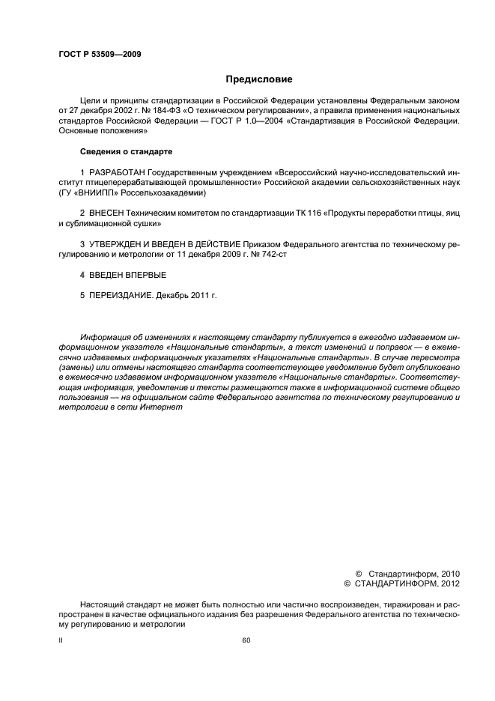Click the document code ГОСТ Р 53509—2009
coord(100,54)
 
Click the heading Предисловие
coord(259,79)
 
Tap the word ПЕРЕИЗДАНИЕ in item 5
coord(119,296)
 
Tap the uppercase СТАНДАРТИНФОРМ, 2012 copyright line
coord(407,583)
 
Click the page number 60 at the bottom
coord(247,640)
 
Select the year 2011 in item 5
coord(198,296)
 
